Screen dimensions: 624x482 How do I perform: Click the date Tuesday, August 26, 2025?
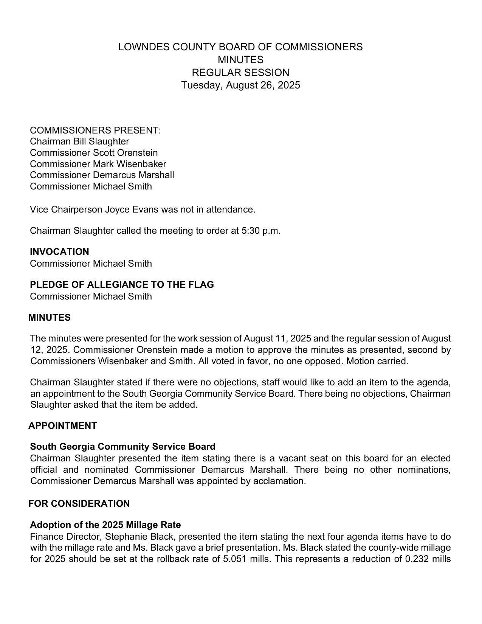pos(240,85)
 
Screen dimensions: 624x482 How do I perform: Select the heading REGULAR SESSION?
pos(240,72)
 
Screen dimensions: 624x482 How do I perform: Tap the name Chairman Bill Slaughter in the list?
pos(79,141)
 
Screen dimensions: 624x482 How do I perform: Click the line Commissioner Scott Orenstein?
pos(94,153)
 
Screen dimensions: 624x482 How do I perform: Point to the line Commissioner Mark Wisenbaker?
pos(98,164)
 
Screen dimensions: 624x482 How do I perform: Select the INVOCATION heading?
pos(59,252)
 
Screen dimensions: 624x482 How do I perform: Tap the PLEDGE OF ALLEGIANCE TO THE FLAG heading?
pos(122,285)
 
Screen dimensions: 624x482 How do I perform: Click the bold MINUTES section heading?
pos(50,318)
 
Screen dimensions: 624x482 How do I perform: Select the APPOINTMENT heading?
pos(63,426)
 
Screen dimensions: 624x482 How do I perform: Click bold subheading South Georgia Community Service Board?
pos(122,447)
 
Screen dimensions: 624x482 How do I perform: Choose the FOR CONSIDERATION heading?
pos(79,504)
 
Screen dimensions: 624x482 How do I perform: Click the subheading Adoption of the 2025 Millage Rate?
pos(105,525)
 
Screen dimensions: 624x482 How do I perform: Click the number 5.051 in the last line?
pos(235,559)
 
